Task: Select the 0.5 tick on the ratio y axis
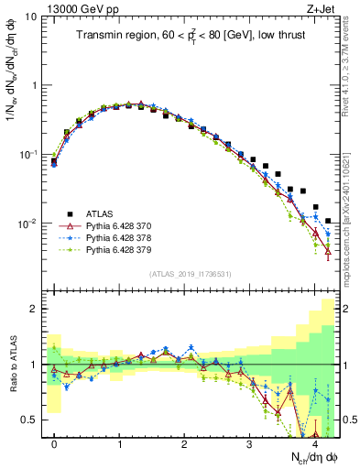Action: tap(29, 420)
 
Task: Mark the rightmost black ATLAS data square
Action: tap(329, 221)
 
